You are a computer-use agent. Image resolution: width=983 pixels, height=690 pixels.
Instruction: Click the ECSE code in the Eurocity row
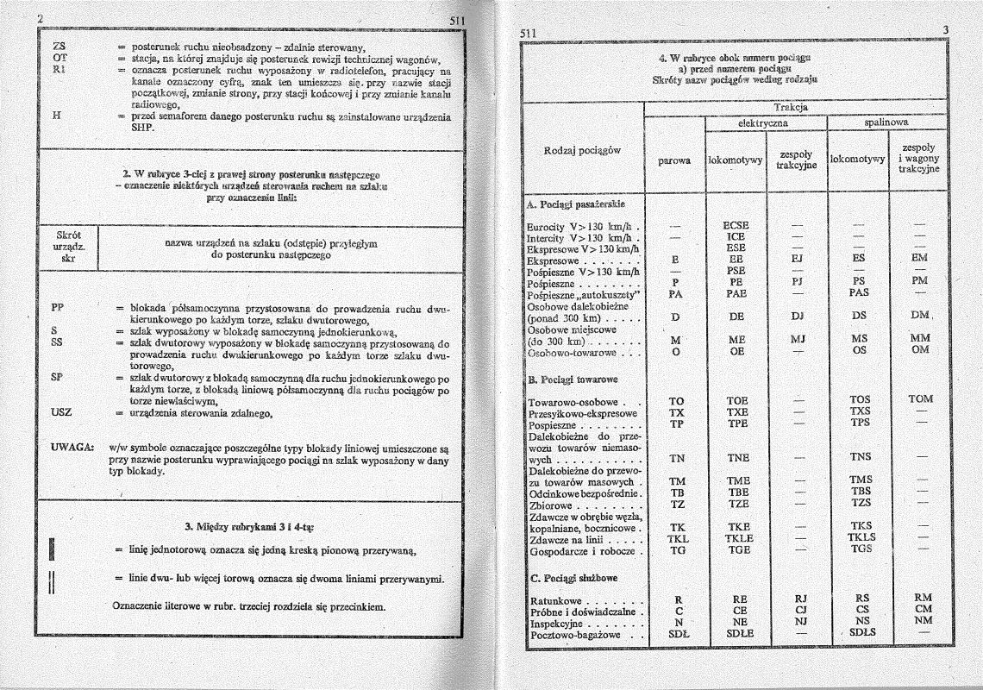pos(736,226)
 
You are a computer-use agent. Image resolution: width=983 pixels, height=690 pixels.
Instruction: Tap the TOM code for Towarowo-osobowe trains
pos(920,399)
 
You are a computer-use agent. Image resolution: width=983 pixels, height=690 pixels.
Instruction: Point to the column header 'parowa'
pos(674,160)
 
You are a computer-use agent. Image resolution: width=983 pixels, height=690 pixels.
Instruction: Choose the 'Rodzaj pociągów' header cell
pos(584,151)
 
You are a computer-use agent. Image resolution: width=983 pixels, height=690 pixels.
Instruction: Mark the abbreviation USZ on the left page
pos(61,411)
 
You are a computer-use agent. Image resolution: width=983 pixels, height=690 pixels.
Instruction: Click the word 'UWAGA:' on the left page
pos(72,448)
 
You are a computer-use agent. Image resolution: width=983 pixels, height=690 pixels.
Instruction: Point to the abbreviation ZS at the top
pos(59,46)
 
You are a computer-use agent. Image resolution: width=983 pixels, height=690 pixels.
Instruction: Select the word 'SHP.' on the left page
pos(142,129)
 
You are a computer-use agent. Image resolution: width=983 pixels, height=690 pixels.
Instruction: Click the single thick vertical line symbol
pos(53,549)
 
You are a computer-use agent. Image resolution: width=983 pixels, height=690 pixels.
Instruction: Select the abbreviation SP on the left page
pos(56,377)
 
